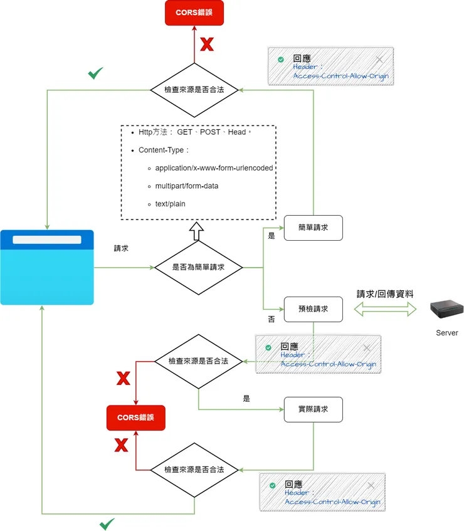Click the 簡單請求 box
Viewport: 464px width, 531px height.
(x=314, y=228)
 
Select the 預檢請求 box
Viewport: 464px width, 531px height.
(x=314, y=309)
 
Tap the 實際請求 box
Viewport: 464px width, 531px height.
(x=314, y=409)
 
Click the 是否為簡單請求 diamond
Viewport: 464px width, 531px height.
(x=198, y=268)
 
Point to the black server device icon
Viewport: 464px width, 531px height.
(x=446, y=308)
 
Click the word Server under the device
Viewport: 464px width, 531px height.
(x=446, y=333)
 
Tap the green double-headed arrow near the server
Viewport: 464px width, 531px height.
(x=385, y=308)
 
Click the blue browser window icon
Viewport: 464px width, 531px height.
(x=47, y=268)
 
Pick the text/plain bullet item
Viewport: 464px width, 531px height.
(x=170, y=204)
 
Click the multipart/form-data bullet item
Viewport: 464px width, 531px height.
(x=186, y=186)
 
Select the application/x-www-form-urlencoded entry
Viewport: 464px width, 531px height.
(x=213, y=168)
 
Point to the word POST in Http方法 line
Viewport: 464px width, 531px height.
(x=210, y=132)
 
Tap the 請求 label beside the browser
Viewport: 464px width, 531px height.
(x=121, y=248)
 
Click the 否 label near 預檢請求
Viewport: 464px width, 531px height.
(x=272, y=319)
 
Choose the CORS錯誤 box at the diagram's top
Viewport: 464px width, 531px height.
(x=194, y=13)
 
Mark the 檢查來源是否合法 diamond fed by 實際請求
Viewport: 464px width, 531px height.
(x=194, y=470)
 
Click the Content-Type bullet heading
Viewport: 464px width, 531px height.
(x=163, y=150)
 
